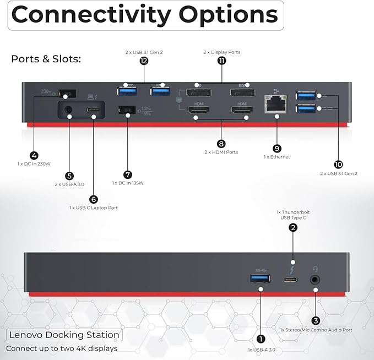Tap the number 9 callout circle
(x=277, y=148)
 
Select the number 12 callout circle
(x=144, y=61)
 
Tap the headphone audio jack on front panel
(x=316, y=279)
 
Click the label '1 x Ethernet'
(x=277, y=157)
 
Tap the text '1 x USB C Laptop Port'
(x=94, y=208)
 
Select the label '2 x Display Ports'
(x=221, y=52)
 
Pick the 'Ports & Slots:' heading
(x=46, y=59)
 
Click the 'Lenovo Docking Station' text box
(x=64, y=335)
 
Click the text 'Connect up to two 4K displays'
(x=62, y=348)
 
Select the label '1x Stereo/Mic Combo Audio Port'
(x=316, y=329)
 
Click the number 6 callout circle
(x=93, y=199)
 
